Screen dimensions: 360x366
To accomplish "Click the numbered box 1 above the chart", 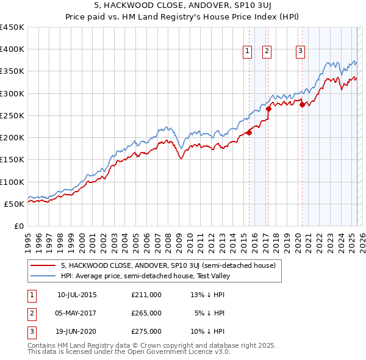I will [248, 51].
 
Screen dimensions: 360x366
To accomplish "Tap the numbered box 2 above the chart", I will [267, 51].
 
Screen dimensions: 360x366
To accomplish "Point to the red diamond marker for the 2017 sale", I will [268, 109].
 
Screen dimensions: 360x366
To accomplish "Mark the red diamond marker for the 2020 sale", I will [302, 104].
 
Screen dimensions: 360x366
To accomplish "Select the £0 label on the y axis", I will [19, 226].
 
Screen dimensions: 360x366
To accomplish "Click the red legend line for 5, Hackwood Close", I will [42, 265].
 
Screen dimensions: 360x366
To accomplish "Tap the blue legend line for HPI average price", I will [42, 276].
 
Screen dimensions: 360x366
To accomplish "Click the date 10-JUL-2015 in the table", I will [77, 295].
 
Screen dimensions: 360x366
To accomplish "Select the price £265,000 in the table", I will [146, 313].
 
